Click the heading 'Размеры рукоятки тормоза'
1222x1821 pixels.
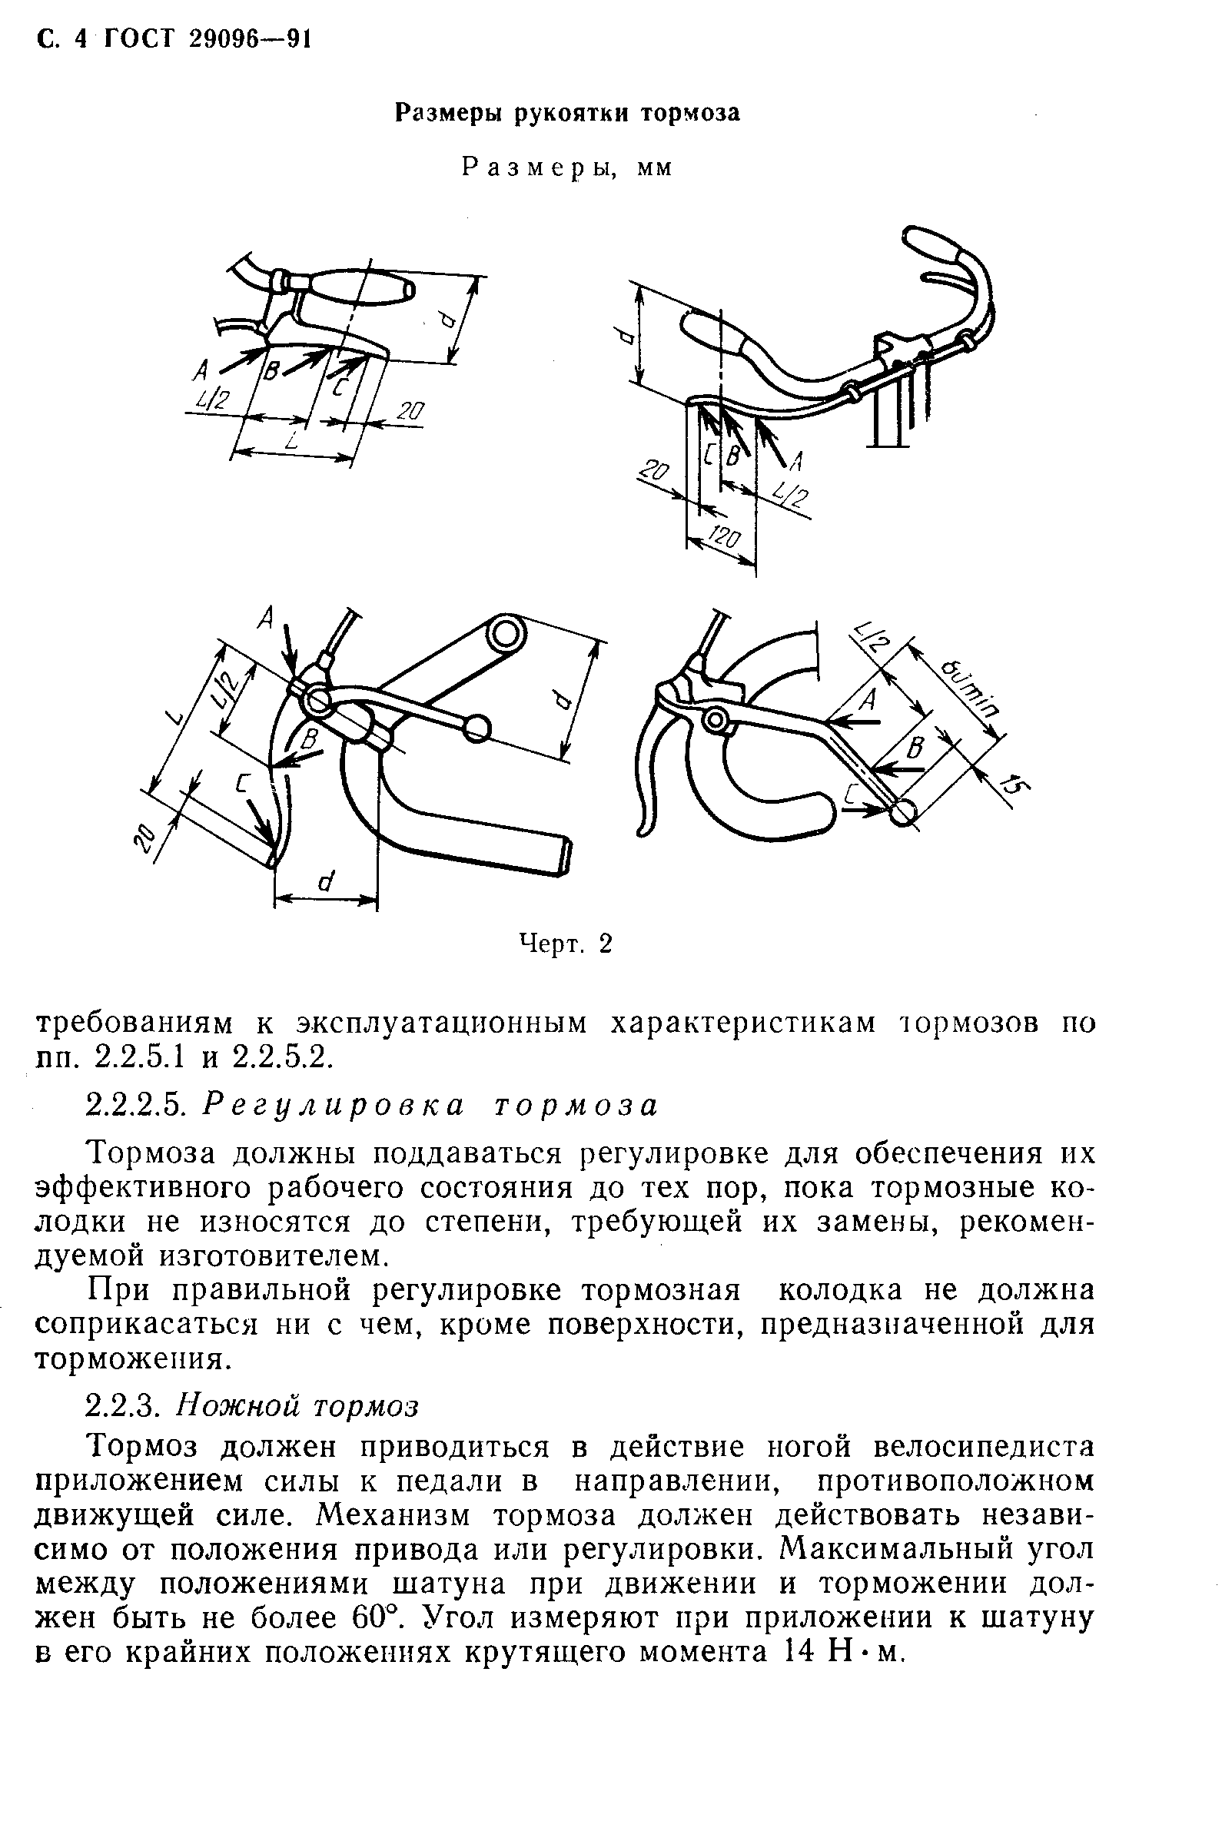[566, 114]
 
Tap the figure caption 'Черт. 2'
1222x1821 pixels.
[566, 944]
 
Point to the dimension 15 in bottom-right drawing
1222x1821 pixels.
[1011, 784]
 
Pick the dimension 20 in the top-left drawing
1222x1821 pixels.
[409, 411]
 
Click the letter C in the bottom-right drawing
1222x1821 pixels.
[852, 794]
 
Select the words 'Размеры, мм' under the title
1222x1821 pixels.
[566, 168]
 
